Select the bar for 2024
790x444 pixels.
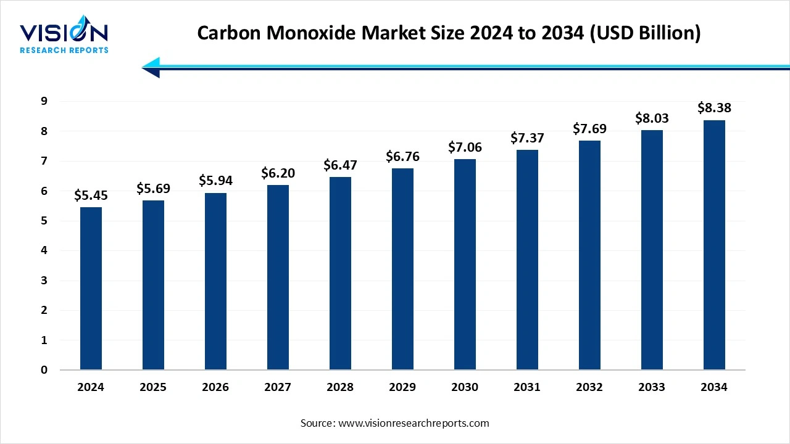coord(91,289)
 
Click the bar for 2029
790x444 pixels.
coord(402,269)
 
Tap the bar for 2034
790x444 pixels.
coord(714,245)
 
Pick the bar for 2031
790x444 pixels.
coord(527,260)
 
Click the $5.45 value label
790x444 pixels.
coord(91,195)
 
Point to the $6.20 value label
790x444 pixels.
coord(278,173)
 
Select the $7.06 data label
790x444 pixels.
coord(465,147)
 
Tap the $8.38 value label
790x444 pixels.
coord(714,108)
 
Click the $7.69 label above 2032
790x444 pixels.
coord(589,129)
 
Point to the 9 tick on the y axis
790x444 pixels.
coord(44,101)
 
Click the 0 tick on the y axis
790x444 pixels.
coord(44,370)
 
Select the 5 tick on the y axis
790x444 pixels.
coord(44,221)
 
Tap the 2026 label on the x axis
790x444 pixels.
coord(215,387)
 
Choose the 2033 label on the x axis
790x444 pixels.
coord(652,387)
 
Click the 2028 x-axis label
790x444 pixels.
coord(340,387)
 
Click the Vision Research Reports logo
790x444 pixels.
coord(64,37)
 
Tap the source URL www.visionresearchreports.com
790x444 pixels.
coord(414,423)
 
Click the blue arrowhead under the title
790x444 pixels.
coord(151,67)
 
